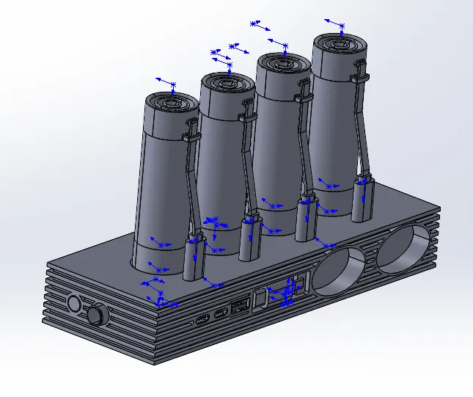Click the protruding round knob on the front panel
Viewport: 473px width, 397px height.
(x=96, y=315)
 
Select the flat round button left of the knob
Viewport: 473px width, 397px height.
(x=73, y=304)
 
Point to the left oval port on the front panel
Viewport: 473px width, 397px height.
(x=202, y=320)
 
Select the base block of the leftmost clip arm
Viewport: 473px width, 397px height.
(x=193, y=257)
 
